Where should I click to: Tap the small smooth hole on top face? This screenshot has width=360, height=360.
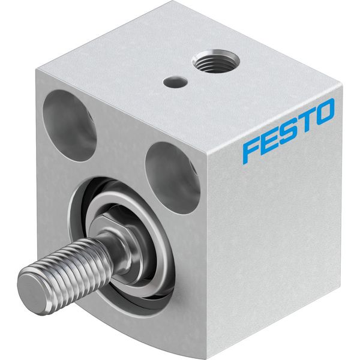pyautogui.click(x=175, y=82)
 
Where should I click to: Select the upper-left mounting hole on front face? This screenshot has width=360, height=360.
pyautogui.click(x=69, y=126)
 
